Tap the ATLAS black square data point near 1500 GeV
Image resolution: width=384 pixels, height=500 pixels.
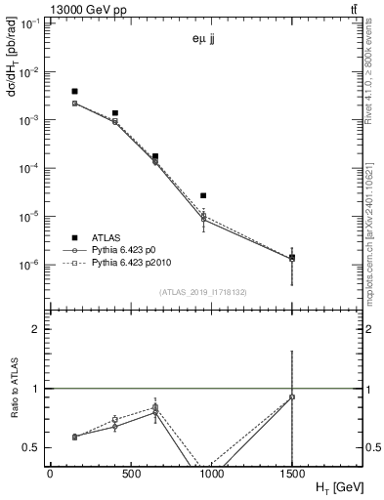292,258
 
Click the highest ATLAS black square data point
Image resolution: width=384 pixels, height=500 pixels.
74,91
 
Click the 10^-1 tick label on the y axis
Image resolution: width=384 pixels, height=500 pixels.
29,24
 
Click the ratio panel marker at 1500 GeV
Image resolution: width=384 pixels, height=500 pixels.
292,396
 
